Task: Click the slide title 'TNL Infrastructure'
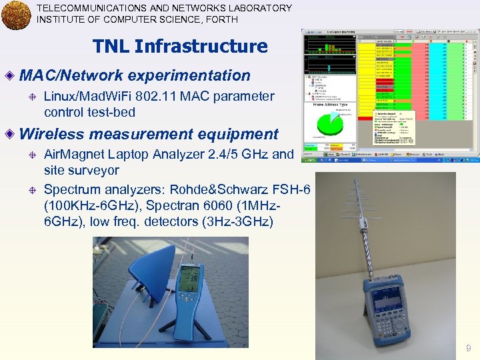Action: (x=180, y=46)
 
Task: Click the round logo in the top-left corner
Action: (x=16, y=15)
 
